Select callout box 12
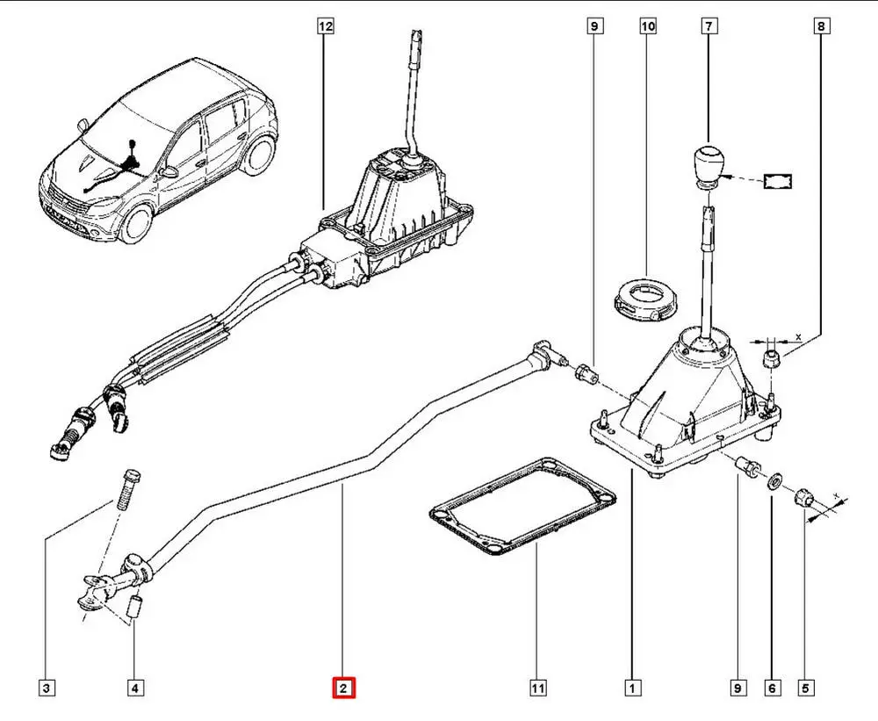coord(326,27)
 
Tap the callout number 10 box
coord(648,27)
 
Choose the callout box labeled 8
coord(821,27)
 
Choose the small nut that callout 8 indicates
coord(771,357)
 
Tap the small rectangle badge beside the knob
coord(777,181)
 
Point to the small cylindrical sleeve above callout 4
coord(135,607)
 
